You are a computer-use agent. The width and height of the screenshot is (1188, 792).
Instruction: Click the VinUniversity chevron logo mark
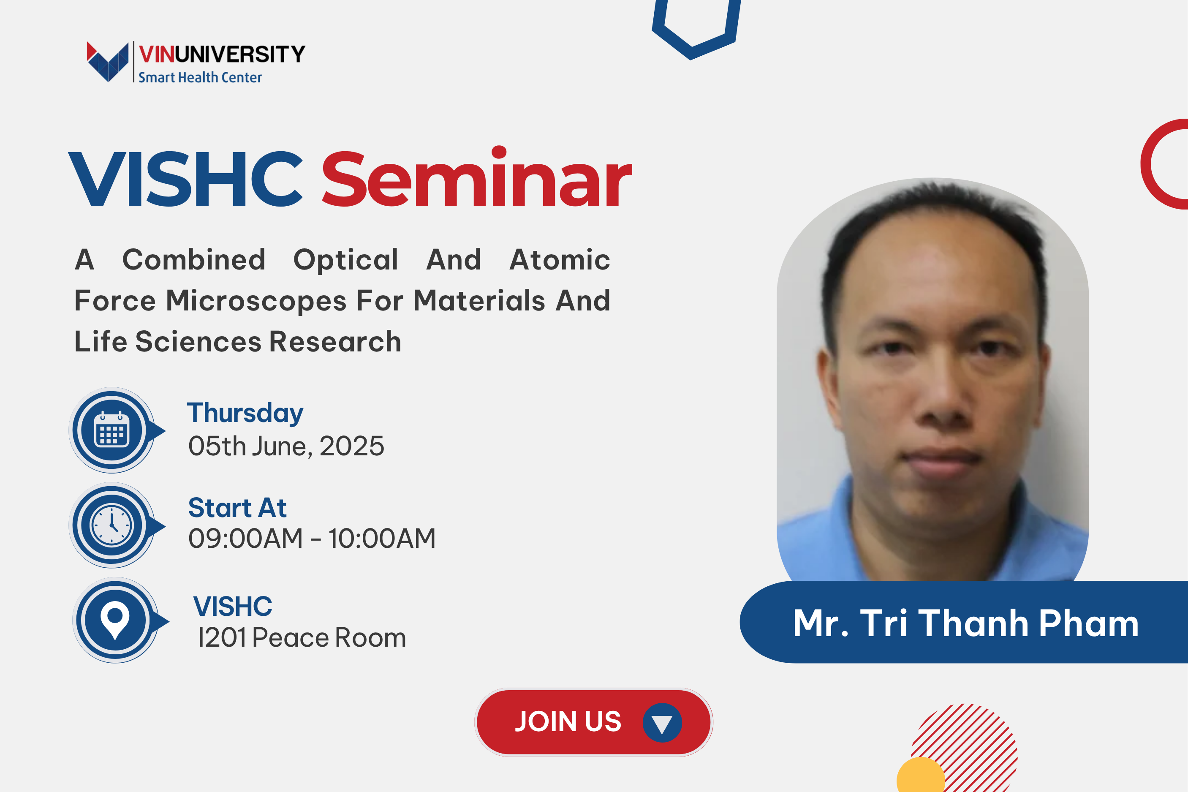(x=108, y=62)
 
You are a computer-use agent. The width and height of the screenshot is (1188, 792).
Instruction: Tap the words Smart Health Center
(x=200, y=77)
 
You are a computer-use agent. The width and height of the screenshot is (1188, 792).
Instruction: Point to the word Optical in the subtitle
(x=346, y=260)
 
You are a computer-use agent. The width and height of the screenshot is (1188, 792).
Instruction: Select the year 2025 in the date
(x=351, y=446)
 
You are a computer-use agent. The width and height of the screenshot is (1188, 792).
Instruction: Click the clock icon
(x=111, y=525)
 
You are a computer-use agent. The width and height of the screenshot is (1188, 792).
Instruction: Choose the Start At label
(x=237, y=508)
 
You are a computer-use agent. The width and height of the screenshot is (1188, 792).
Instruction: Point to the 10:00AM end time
(x=382, y=539)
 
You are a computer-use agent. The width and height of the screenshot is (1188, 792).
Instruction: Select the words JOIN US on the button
(x=568, y=721)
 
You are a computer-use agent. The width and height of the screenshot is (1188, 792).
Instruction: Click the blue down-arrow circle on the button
(x=662, y=723)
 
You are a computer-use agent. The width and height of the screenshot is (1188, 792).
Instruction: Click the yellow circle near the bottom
(x=920, y=776)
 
